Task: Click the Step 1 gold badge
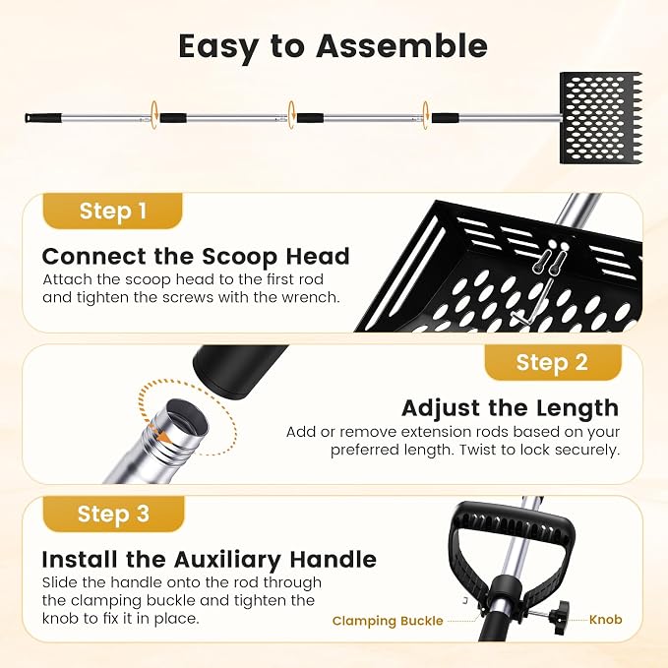tap(112, 211)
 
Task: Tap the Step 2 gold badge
tap(553, 362)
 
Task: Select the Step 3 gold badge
tap(113, 514)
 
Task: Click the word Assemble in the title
tap(401, 45)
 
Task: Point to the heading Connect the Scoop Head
tap(196, 256)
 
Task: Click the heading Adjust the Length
tap(510, 407)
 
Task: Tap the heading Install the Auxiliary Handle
tap(210, 559)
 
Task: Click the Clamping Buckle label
tap(388, 621)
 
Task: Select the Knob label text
tap(605, 619)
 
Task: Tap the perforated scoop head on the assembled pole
tap(600, 118)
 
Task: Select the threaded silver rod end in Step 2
tap(163, 443)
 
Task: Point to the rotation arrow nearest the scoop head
tap(426, 114)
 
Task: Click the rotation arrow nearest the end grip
tap(153, 114)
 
